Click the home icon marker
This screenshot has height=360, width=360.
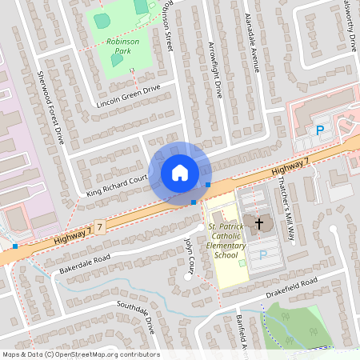click(179, 173)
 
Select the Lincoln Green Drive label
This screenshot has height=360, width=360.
click(128, 97)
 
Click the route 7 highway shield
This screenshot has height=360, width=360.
click(101, 228)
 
